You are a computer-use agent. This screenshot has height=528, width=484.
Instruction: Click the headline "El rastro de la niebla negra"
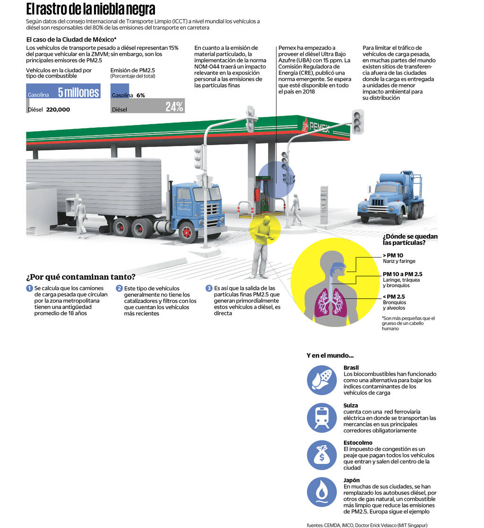90,9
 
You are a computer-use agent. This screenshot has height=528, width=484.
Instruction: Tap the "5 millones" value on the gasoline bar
78,92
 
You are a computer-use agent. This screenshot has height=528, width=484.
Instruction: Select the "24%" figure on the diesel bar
174,107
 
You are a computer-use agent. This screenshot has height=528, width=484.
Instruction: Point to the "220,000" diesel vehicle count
58,110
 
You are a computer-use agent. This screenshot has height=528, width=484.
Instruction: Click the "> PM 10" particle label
393,255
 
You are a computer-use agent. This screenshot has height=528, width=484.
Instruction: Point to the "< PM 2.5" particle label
394,296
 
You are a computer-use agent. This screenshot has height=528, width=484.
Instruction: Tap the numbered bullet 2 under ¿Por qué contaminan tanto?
120,288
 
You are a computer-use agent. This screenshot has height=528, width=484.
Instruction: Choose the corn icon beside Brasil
321,380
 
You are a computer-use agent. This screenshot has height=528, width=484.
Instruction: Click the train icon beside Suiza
321,417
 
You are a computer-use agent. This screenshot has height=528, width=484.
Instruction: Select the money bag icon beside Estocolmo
321,454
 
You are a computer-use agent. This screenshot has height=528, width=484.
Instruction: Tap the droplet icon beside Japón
321,492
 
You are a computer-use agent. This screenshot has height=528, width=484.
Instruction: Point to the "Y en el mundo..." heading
330,355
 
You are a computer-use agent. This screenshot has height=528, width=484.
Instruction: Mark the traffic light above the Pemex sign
357,121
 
